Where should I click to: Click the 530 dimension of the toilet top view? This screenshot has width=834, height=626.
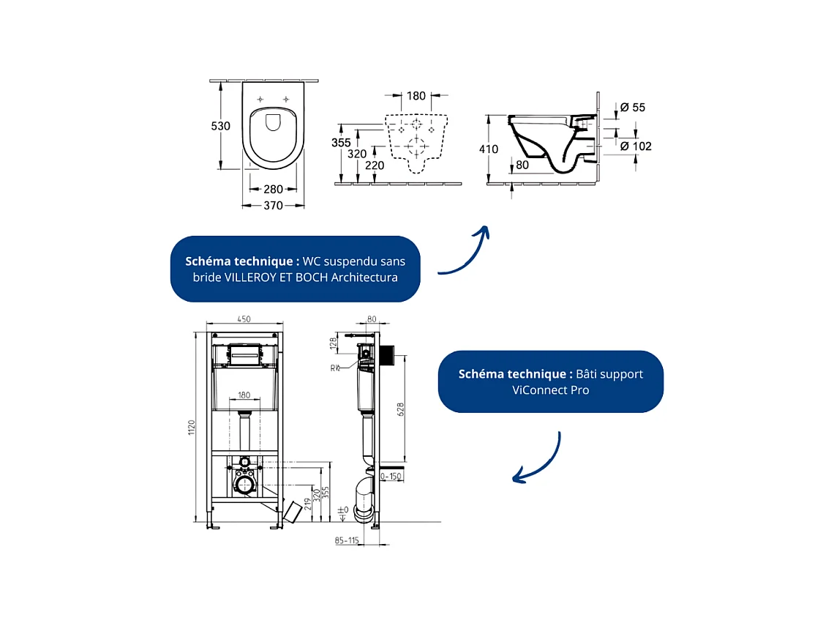[221, 126]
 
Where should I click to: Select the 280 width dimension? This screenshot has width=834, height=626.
[273, 190]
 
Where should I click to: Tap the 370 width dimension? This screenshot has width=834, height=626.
[273, 206]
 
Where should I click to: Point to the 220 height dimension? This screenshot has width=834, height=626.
[375, 165]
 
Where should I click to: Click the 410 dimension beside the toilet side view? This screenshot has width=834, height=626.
[488, 149]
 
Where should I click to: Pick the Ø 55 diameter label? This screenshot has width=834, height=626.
[633, 108]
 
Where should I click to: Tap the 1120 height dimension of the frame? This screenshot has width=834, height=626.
[192, 428]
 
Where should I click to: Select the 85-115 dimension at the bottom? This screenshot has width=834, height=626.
[347, 541]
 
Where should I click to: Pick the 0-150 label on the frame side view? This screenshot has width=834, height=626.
[392, 476]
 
